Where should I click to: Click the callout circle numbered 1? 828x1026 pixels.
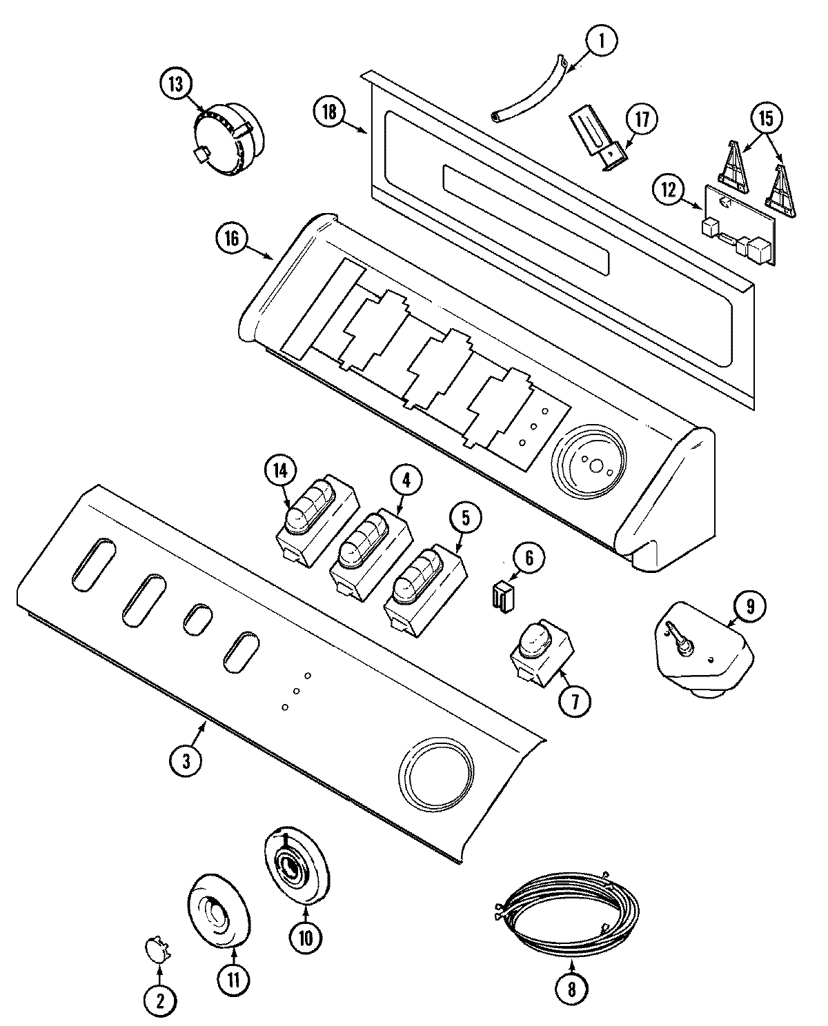(x=601, y=41)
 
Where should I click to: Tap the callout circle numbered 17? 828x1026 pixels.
(x=642, y=119)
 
